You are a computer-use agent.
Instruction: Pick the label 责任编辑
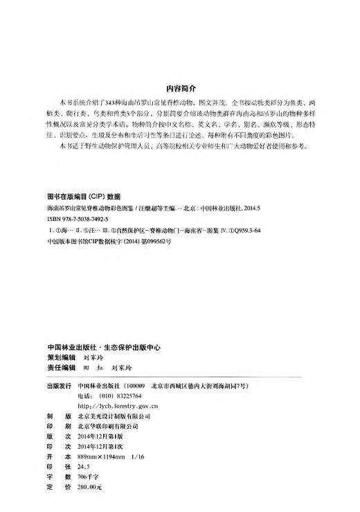[59, 371]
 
